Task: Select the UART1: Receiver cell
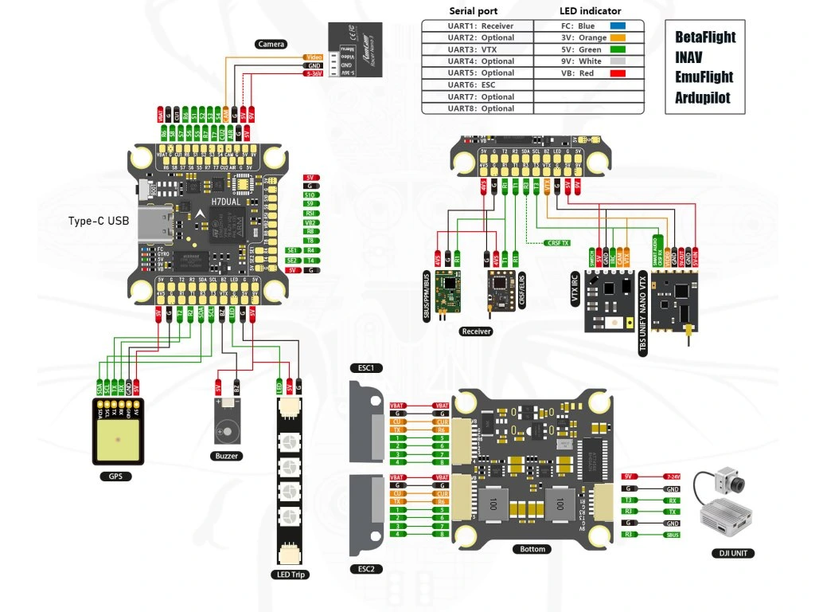point(478,25)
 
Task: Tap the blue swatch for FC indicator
point(617,25)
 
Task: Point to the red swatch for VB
point(617,73)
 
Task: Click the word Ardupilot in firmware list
point(703,98)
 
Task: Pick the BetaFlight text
point(705,37)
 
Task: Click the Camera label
point(271,44)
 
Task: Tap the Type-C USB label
point(98,220)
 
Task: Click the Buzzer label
point(227,456)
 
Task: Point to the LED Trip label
point(289,574)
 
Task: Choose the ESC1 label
point(366,368)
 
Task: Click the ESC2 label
point(366,570)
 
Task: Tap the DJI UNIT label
point(731,553)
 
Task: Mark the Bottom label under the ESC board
point(532,549)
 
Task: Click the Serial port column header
point(474,11)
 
